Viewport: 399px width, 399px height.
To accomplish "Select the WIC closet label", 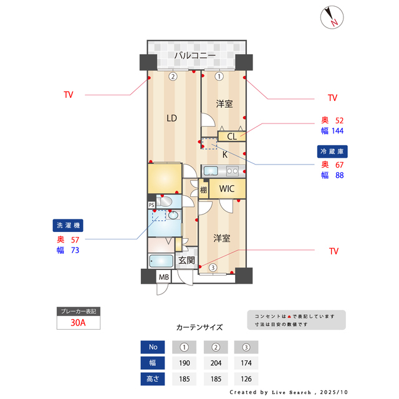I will pyautogui.click(x=226, y=188).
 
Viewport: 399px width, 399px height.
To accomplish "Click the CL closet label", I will pyautogui.click(x=231, y=137).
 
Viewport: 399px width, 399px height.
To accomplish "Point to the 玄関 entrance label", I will pyautogui.click(x=186, y=260).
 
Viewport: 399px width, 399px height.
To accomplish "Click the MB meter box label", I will pyautogui.click(x=163, y=277).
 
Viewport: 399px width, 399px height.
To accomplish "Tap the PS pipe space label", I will pyautogui.click(x=151, y=204).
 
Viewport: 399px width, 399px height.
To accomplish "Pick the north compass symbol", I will pyautogui.click(x=331, y=17).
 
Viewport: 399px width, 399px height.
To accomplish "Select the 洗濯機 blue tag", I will pyautogui.click(x=67, y=225).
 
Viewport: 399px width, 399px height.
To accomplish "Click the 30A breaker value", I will pyautogui.click(x=79, y=323).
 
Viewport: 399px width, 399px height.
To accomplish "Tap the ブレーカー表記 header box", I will pyautogui.click(x=79, y=310).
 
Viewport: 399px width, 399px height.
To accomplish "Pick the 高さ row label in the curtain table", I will pyautogui.click(x=152, y=378).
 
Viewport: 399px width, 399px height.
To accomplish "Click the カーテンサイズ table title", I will pyautogui.click(x=199, y=327).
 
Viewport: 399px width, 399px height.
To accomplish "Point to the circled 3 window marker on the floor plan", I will pyautogui.click(x=213, y=268).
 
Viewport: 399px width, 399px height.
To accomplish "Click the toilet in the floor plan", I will pyautogui.click(x=166, y=201).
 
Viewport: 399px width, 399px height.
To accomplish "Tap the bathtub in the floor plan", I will pyautogui.click(x=163, y=261).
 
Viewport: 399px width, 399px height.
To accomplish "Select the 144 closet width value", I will pyautogui.click(x=338, y=131).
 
